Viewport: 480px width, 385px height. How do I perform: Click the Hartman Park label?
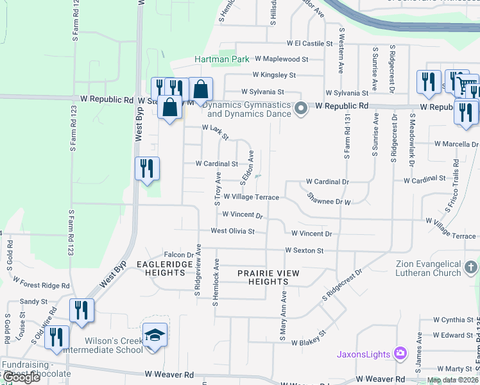point(222,59)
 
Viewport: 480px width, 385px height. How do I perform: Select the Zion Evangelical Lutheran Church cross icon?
point(470,266)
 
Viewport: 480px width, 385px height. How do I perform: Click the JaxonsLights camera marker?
point(400,353)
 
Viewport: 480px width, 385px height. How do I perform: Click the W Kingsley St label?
point(274,75)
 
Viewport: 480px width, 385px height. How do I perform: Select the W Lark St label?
point(216,132)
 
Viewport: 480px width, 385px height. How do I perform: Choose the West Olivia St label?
point(233,231)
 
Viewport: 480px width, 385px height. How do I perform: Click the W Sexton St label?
point(305,250)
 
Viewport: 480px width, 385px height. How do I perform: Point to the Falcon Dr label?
point(179,255)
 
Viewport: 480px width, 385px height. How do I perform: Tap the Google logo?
point(21,377)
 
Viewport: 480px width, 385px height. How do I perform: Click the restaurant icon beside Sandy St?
point(81,309)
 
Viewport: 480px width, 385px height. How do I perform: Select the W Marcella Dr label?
point(454,144)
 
